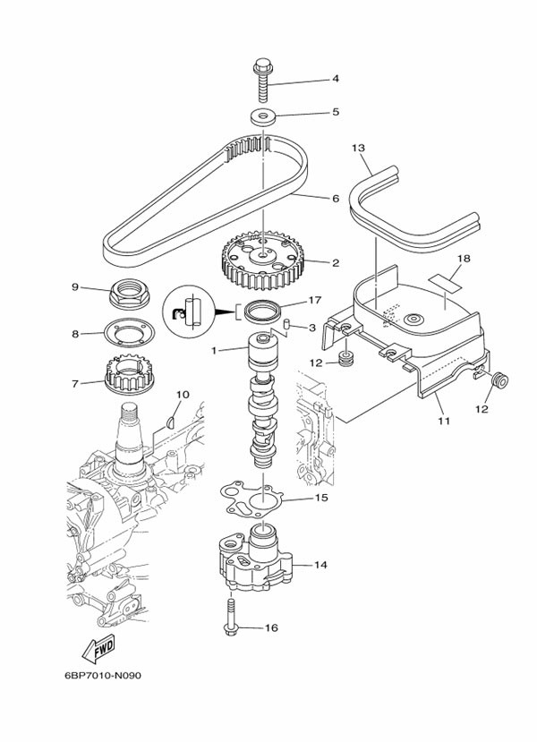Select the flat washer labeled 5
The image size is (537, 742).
click(263, 116)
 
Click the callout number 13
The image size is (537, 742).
click(359, 148)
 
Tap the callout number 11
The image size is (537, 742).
click(441, 419)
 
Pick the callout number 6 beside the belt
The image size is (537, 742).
click(335, 198)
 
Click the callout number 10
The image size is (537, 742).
click(183, 394)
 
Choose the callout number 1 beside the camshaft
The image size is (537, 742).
click(214, 351)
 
